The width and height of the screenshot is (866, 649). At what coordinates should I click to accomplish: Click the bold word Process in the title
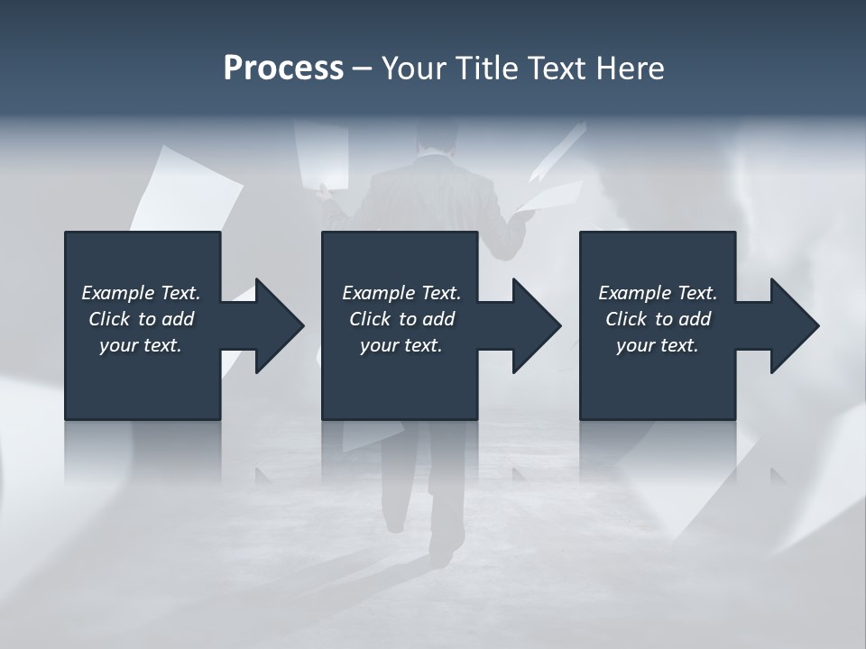point(283,69)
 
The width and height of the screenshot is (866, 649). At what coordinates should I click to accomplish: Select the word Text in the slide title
point(556,69)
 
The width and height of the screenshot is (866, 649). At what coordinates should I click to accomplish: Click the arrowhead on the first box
point(276,325)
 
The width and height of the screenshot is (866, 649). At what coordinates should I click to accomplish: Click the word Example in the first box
point(117,293)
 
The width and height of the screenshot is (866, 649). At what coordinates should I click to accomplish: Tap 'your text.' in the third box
point(658,345)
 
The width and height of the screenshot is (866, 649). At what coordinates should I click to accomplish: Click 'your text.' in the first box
point(141,345)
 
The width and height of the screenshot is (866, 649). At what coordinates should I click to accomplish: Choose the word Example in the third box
point(634,293)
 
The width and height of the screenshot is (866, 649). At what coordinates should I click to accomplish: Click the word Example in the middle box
point(378,293)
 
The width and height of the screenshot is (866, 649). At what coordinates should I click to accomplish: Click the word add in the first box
point(179,319)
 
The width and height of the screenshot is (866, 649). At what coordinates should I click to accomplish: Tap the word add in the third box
point(696,319)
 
